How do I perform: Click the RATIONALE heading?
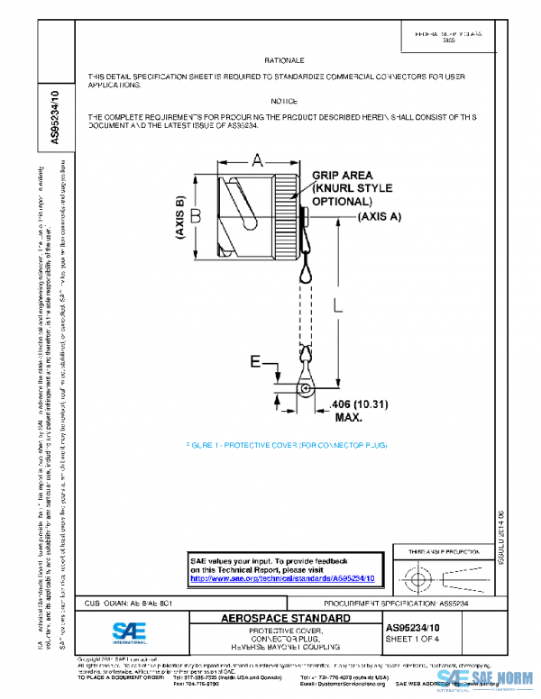point(283,59)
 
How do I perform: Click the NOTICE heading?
point(283,101)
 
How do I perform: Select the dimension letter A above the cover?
point(257,160)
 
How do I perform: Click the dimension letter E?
point(255,362)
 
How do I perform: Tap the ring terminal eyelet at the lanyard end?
point(305,390)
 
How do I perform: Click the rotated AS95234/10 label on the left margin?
point(56,117)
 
